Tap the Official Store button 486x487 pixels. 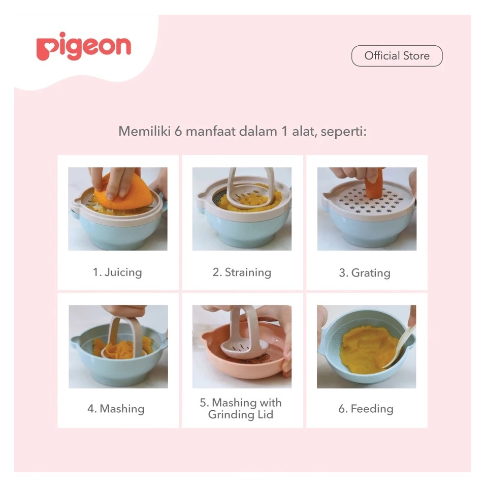pos(397,56)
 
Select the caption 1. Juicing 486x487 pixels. pos(117,272)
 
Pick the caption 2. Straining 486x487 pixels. pos(242,272)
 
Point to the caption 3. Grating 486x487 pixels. pos(365,272)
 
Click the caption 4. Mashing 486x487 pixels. pos(116,409)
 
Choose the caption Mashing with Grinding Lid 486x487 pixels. pos(240,409)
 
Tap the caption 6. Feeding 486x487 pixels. pos(366,409)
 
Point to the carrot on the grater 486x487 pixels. pos(375,184)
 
